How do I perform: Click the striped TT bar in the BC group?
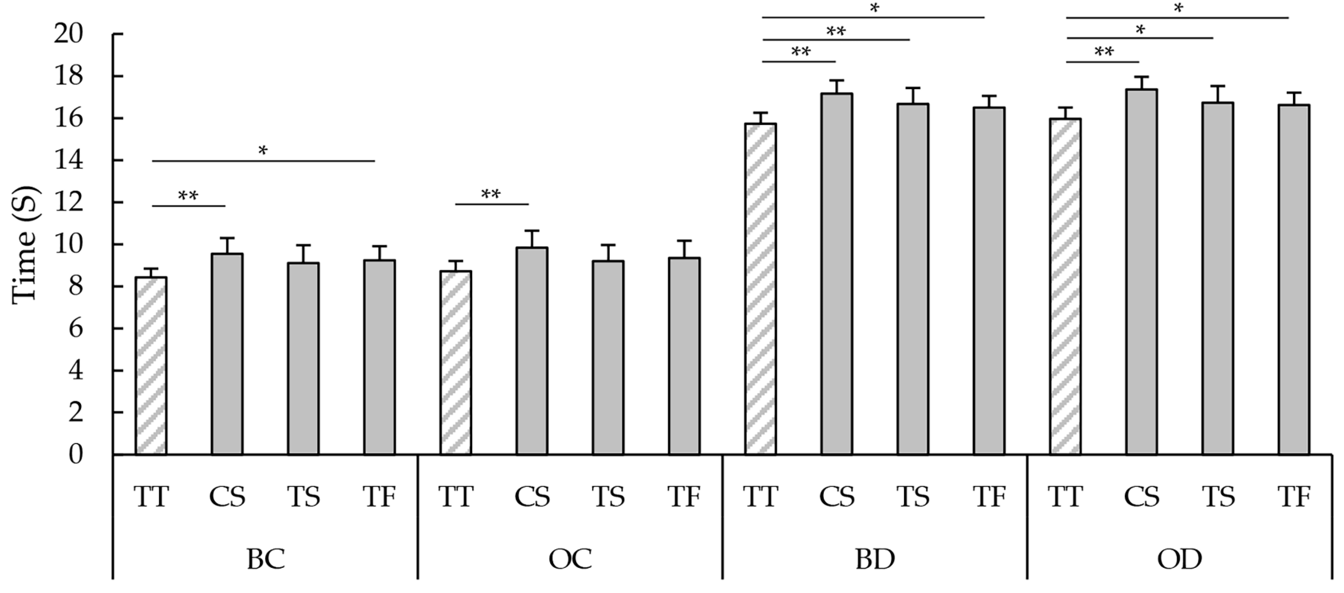pyautogui.click(x=151, y=366)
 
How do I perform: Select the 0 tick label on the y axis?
pyautogui.click(x=75, y=455)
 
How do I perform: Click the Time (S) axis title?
pyautogui.click(x=25, y=244)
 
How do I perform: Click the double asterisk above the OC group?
pyautogui.click(x=490, y=195)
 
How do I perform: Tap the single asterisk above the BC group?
pyautogui.click(x=263, y=151)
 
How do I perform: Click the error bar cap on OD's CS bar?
pyautogui.click(x=1141, y=77)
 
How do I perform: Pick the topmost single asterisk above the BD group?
pyautogui.click(x=874, y=8)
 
